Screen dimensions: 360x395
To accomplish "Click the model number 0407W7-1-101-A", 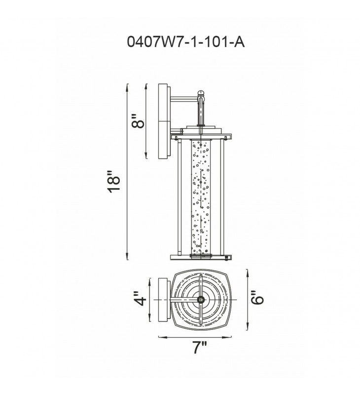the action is pyautogui.click(x=185, y=42).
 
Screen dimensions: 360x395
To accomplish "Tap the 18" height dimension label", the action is pyautogui.click(x=114, y=182).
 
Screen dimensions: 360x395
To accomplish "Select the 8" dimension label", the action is pyautogui.click(x=138, y=121).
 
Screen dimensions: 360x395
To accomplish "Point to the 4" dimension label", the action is pyautogui.click(x=140, y=299).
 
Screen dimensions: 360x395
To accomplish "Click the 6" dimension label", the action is pyautogui.click(x=257, y=298).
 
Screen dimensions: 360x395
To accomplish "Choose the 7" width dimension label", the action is pyautogui.click(x=200, y=348).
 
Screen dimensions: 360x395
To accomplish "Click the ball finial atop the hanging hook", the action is pyautogui.click(x=201, y=93).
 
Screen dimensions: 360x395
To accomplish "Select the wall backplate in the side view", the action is pyautogui.click(x=164, y=121).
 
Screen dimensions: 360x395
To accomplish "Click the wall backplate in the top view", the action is pyautogui.click(x=164, y=300).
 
